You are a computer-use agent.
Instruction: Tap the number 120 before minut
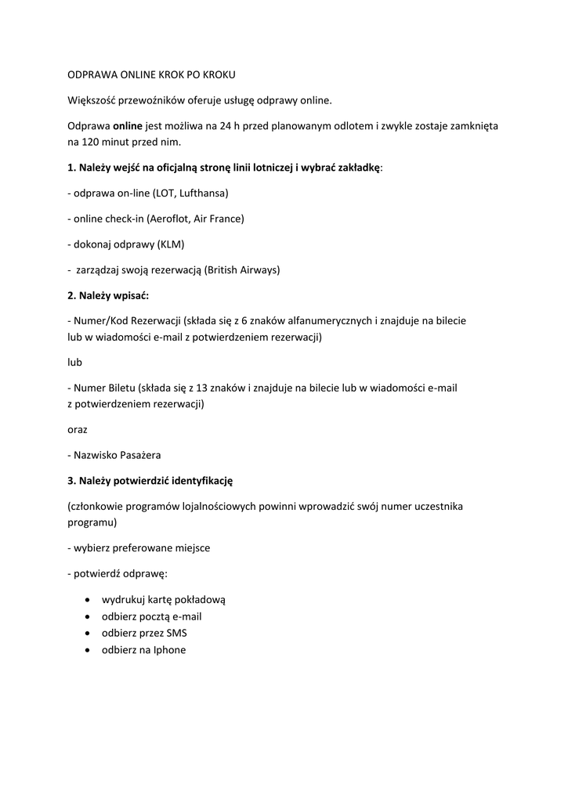(89, 142)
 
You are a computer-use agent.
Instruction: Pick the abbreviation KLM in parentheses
(170, 244)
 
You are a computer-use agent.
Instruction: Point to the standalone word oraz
(77, 429)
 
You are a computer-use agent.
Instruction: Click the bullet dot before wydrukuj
(85, 599)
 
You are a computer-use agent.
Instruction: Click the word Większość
(92, 99)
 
